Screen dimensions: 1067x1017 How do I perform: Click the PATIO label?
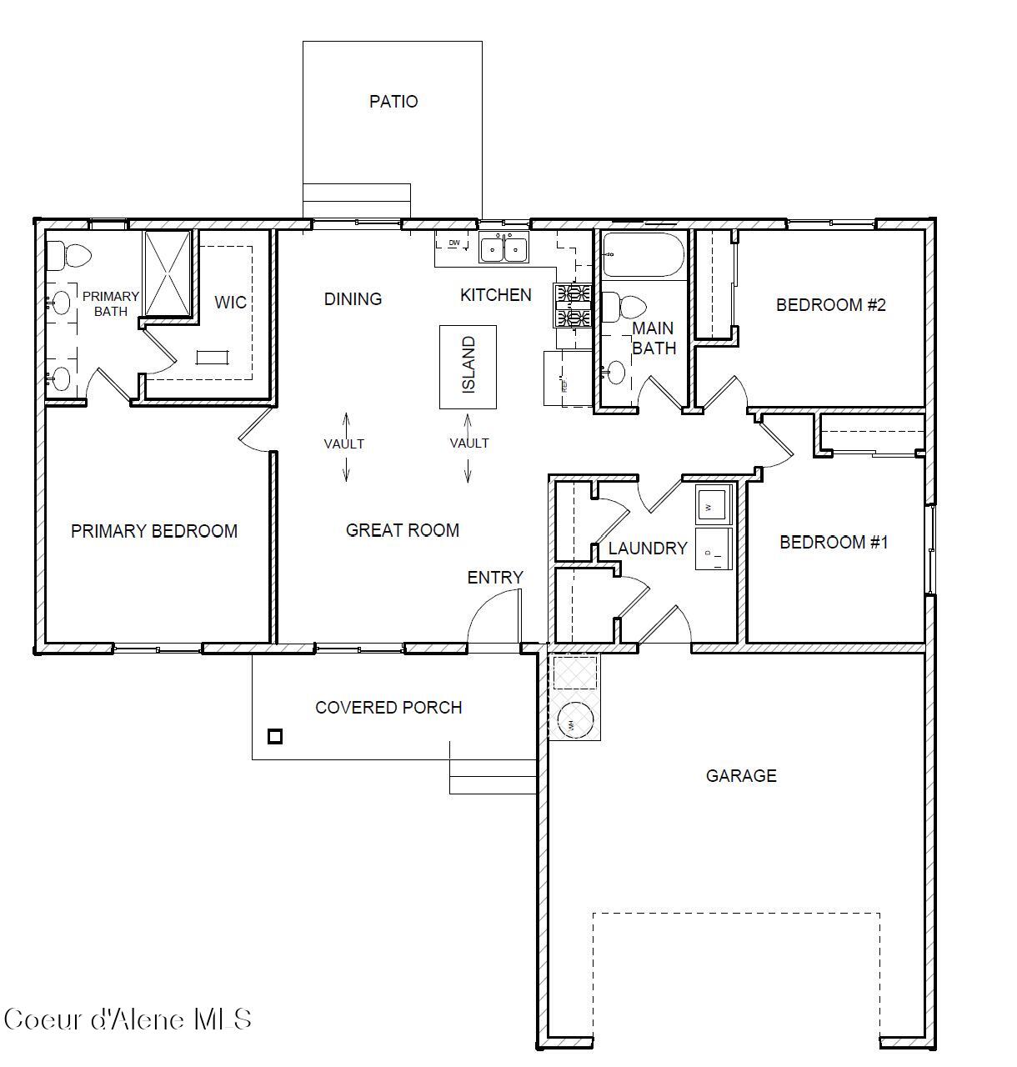point(393,102)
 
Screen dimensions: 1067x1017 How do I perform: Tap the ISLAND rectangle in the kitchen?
point(468,367)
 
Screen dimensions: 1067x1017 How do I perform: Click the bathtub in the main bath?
point(643,254)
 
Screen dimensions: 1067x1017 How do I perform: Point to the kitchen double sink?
point(503,248)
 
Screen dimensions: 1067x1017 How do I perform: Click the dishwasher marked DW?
point(454,243)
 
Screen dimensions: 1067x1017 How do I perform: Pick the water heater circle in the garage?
point(574,721)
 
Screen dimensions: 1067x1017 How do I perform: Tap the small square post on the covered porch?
point(275,736)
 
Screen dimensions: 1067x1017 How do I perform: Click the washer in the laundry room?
point(714,504)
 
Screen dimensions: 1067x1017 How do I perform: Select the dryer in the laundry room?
point(714,549)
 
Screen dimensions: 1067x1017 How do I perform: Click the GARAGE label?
point(741,776)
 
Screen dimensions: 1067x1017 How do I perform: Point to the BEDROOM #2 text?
point(830,305)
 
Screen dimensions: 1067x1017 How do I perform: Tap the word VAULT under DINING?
point(343,444)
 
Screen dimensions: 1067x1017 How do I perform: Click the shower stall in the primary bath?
point(168,273)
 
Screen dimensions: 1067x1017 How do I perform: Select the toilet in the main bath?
point(622,308)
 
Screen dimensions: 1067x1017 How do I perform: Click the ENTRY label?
point(494,578)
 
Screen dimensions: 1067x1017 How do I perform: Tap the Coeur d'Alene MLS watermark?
point(128,1019)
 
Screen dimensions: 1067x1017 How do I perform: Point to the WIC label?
point(230,303)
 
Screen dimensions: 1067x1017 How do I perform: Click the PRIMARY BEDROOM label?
point(154,531)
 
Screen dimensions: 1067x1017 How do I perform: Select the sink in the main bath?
point(615,373)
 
